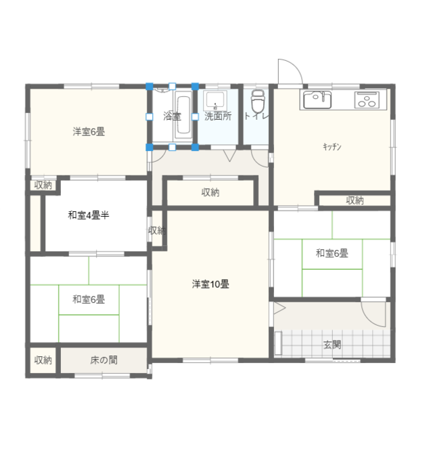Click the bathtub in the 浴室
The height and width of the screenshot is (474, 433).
[x=183, y=114]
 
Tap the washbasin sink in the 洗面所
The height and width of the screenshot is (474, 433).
[x=215, y=100]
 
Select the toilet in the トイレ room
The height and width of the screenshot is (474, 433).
[x=257, y=102]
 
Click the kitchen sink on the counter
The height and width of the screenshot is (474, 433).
[x=317, y=100]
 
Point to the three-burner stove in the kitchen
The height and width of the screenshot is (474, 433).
[x=371, y=100]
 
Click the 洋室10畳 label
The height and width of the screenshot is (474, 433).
[x=210, y=284]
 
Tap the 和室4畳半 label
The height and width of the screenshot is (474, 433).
[x=88, y=215]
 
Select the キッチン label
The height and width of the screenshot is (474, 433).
[x=332, y=147]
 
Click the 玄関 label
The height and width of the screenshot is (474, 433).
[x=332, y=345]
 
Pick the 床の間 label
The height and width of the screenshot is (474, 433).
[x=104, y=360]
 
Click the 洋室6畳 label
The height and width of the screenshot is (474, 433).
[x=89, y=132]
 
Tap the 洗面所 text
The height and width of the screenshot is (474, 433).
[x=218, y=116]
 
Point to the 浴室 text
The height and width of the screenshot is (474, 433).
[x=172, y=116]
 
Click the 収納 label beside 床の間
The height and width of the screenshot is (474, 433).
[x=43, y=360]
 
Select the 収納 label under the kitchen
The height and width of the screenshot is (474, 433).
[x=355, y=200]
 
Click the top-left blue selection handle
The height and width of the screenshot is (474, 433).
[x=149, y=87]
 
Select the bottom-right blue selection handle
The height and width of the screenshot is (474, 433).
[x=195, y=147]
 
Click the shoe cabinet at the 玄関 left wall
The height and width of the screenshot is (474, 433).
[x=278, y=343]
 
